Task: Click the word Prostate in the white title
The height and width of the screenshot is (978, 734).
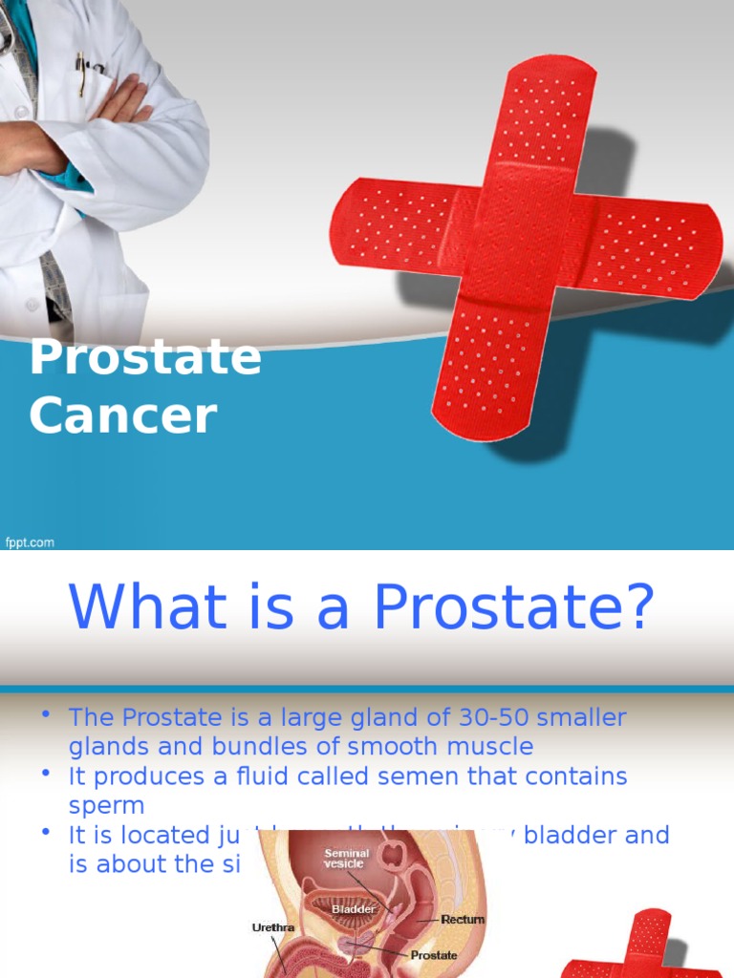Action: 145,358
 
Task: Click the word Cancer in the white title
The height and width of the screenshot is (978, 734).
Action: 123,416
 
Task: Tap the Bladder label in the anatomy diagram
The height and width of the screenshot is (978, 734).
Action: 353,910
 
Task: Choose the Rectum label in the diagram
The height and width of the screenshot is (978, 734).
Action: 463,920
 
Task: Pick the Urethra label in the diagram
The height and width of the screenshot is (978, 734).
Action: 273,927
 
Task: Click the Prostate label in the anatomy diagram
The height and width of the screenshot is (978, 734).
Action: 434,954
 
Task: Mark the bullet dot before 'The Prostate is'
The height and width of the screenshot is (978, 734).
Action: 45,715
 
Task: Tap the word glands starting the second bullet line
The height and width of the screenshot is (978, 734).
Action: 104,746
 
